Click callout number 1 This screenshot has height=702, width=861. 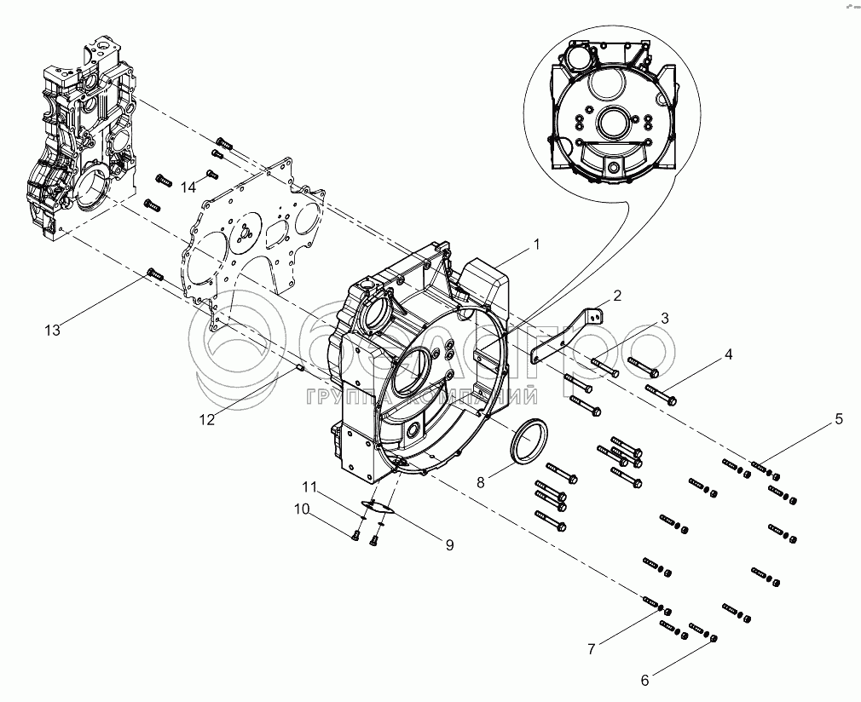pos(536,245)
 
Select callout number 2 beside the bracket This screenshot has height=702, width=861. pos(616,296)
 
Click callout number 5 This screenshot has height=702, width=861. pos(839,418)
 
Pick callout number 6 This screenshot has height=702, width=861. pos(644,680)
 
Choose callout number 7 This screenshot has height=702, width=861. pos(590,649)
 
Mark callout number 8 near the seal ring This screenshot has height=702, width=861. pos(481,482)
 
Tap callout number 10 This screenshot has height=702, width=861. pos(301,509)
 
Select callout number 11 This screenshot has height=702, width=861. pos(308,487)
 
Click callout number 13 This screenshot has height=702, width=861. pos(53,331)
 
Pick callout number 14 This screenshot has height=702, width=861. pos(187,187)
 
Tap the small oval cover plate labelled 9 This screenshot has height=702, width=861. pos(379,507)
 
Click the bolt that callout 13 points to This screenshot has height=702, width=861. pos(153,273)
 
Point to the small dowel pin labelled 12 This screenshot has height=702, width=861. pos(303,368)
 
